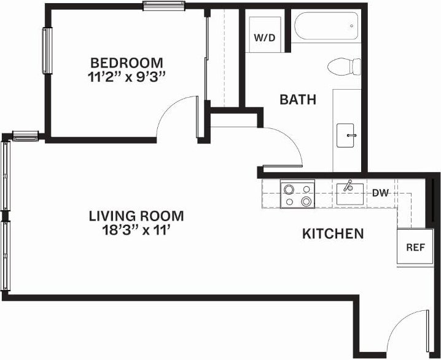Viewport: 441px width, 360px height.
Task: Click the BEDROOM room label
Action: click(127, 63)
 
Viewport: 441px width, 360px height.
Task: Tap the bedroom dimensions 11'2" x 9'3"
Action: click(127, 77)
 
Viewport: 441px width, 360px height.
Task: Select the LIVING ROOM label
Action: click(136, 216)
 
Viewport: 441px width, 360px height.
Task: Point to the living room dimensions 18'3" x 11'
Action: click(136, 232)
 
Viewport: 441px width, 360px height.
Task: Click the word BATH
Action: click(298, 99)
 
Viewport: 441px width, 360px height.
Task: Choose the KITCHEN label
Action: click(333, 234)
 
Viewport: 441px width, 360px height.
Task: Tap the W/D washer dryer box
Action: click(265, 37)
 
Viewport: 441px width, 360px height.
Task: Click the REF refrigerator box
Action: click(416, 248)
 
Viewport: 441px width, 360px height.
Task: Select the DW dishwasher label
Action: click(381, 193)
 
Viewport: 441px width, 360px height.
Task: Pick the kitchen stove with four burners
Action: click(298, 194)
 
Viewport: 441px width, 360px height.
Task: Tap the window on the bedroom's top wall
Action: click(164, 6)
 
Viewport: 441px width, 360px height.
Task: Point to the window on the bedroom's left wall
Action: click(46, 50)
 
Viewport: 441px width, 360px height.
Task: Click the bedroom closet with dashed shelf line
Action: click(223, 58)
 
